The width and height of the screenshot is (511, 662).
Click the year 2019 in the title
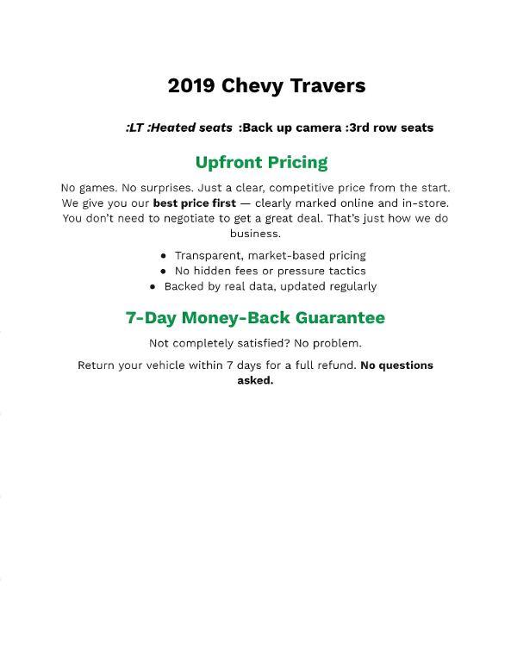point(191,86)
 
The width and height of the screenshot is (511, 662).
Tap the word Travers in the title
point(328,86)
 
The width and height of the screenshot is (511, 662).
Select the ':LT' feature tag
point(134,128)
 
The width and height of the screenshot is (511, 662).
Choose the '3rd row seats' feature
point(391,128)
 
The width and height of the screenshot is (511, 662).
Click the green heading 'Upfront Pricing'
point(261,162)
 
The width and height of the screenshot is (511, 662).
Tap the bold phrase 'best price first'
point(195,203)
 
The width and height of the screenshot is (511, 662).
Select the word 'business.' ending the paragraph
point(255,234)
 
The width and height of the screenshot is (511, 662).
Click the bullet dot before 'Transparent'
point(164,256)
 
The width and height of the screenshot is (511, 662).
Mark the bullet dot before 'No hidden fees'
point(164,271)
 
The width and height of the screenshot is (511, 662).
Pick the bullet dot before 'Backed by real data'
point(153,286)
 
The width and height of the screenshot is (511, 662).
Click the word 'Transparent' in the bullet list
point(208,255)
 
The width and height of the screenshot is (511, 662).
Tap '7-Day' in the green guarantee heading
point(152,317)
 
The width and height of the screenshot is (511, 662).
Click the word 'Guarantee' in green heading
point(340,317)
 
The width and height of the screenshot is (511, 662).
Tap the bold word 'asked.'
point(255,380)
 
